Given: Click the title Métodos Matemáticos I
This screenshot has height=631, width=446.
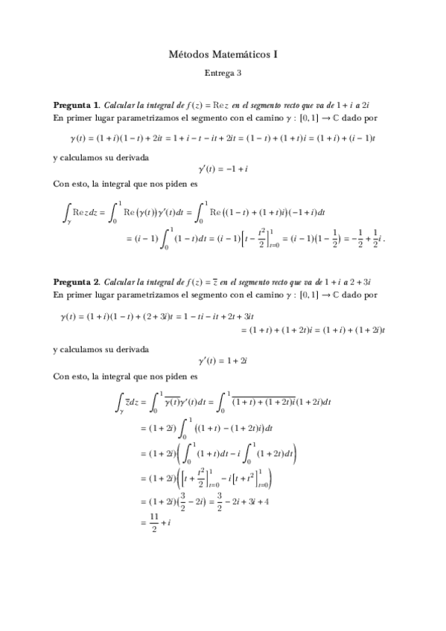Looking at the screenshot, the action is click(223, 54).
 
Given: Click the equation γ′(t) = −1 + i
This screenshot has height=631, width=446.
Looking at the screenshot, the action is click(223, 170).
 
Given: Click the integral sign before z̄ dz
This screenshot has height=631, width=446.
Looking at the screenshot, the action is click(119, 403).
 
